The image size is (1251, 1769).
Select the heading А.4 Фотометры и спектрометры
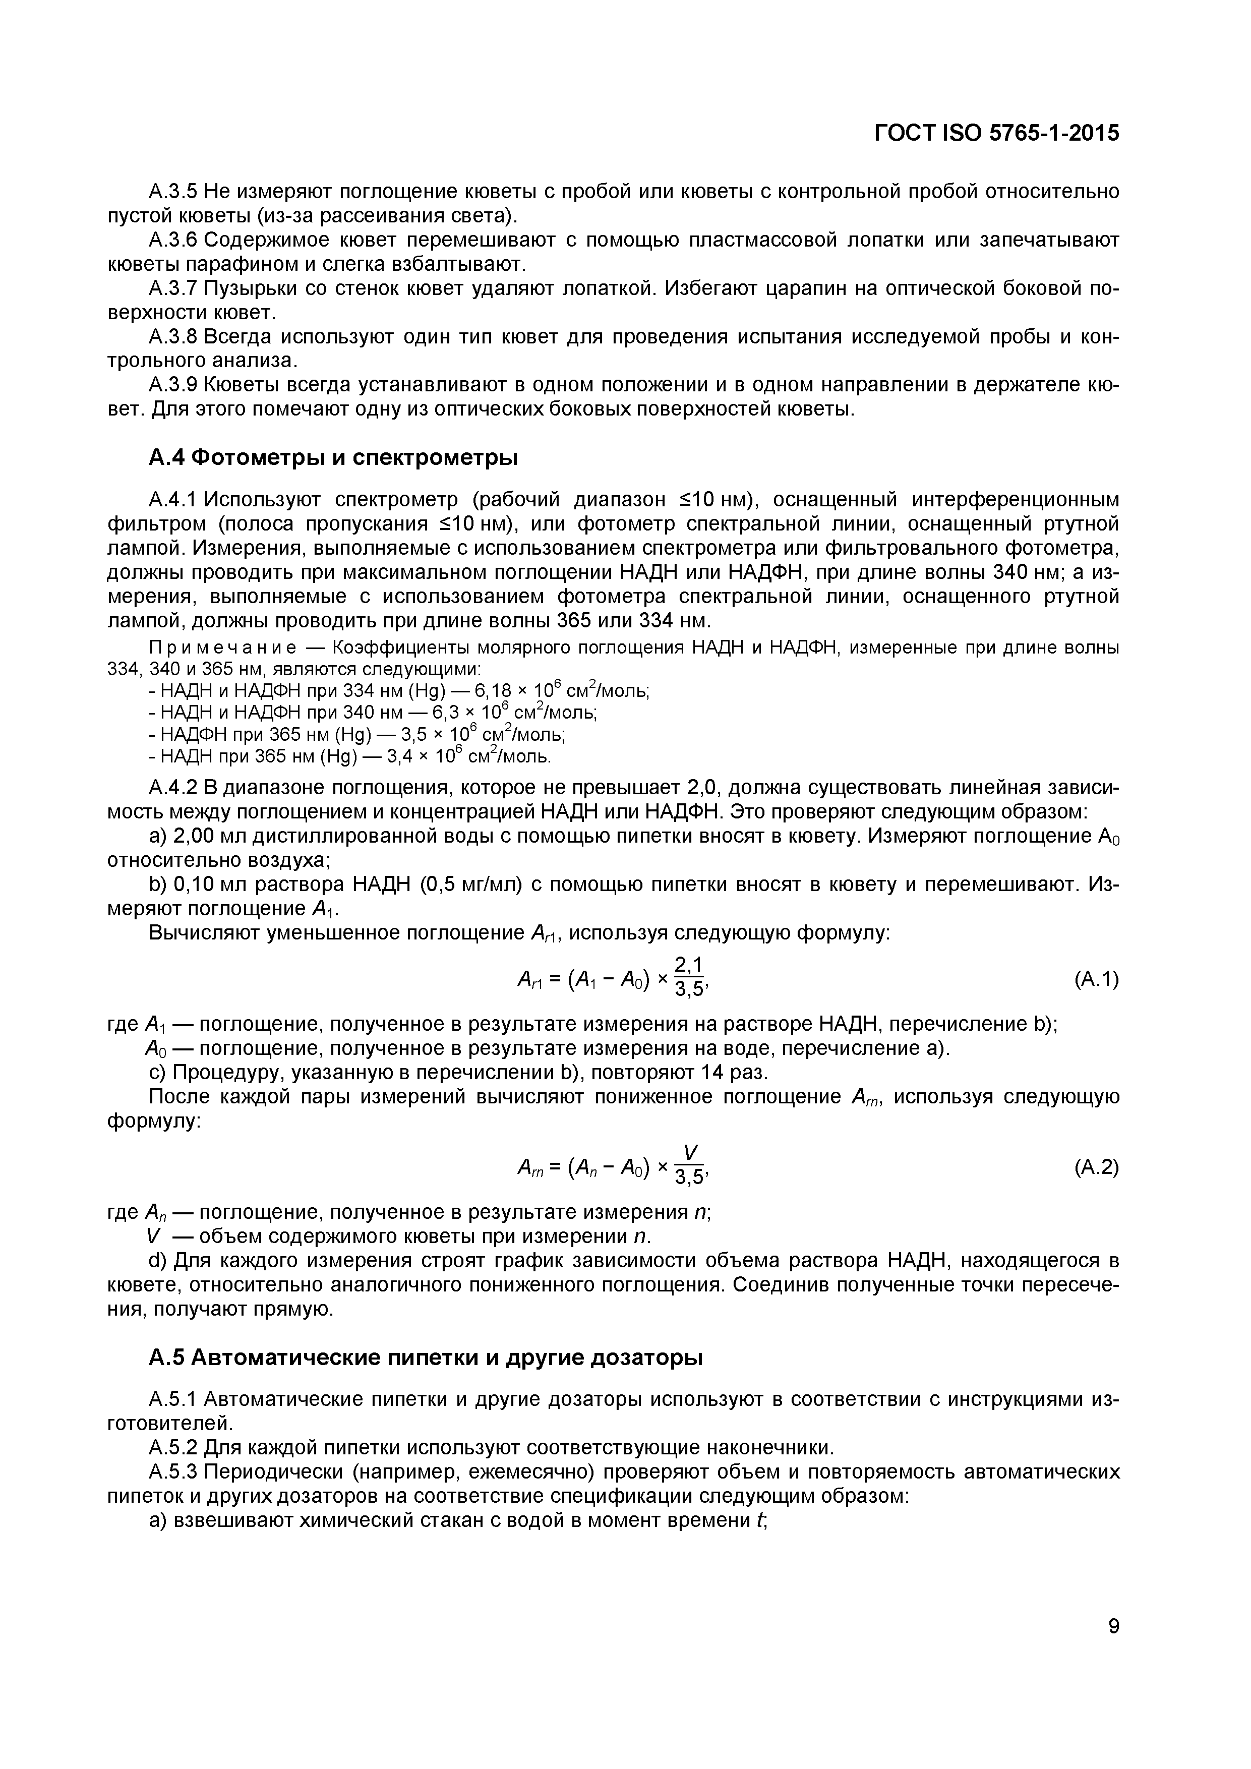[x=333, y=458]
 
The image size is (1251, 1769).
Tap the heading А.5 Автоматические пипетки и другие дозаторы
[x=425, y=1358]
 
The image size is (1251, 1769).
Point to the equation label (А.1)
[x=1095, y=980]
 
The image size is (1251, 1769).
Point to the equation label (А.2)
[x=1095, y=1168]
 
